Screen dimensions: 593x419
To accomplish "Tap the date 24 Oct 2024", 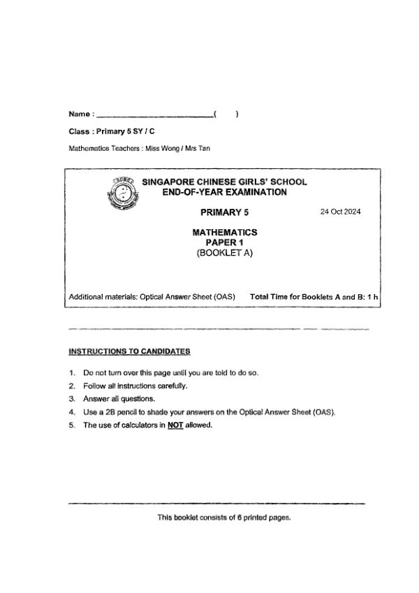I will pos(340,212).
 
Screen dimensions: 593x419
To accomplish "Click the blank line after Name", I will pos(155,115).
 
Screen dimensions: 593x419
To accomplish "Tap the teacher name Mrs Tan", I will pos(197,148).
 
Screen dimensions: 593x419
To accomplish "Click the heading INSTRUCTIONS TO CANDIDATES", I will pos(130,351).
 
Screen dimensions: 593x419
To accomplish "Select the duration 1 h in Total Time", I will pos(373,297).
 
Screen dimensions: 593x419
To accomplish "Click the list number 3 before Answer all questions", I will pos(72,399).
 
